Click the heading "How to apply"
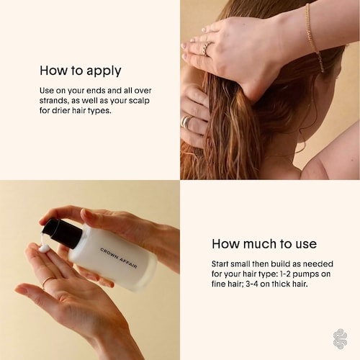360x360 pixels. [x=81, y=71]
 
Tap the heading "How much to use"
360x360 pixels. [x=264, y=244]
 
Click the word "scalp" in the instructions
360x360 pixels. [x=139, y=101]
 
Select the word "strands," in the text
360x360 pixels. [x=54, y=101]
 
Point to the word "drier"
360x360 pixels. [x=61, y=111]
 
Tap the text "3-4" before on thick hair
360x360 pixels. [x=252, y=284]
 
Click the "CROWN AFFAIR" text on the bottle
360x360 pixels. [x=118, y=258]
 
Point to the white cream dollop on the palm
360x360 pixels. [x=44, y=248]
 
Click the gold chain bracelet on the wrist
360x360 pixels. [x=315, y=38]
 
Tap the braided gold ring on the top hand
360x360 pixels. [x=207, y=48]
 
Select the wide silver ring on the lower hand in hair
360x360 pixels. [x=186, y=122]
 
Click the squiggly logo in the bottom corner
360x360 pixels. [x=340, y=339]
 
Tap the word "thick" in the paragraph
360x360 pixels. [x=281, y=284]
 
